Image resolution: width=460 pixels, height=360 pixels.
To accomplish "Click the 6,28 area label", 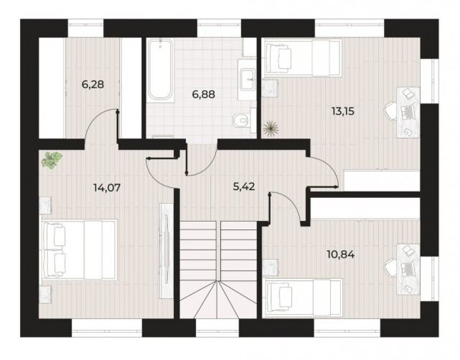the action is click(93, 85).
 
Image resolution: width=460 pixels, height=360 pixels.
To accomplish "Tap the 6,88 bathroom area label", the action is click(203, 95).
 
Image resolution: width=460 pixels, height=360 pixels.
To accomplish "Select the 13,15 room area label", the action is click(343, 111).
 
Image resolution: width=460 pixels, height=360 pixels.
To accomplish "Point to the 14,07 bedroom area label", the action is click(107, 187).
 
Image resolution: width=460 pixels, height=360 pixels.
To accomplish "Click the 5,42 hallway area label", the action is click(244, 186).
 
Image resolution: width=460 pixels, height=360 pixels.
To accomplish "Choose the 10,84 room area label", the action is click(341, 255).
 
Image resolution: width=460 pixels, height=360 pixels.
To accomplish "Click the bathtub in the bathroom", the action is click(160, 70).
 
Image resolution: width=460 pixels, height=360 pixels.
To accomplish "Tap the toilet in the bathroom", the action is click(242, 120).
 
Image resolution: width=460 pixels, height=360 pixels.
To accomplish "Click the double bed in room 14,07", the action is click(80, 250).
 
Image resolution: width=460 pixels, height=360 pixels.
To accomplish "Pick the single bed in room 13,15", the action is click(303, 58).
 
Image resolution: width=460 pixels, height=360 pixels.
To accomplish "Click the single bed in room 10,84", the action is click(304, 298).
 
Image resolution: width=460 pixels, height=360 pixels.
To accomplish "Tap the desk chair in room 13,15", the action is click(391, 111).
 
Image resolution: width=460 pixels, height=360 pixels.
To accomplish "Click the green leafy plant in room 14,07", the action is click(52, 159).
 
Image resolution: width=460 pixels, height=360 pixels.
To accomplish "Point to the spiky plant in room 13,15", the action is click(271, 128).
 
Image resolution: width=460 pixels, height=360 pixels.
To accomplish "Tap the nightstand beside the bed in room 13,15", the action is click(271, 88).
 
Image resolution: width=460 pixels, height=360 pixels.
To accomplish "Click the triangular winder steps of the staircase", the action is click(218, 299).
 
